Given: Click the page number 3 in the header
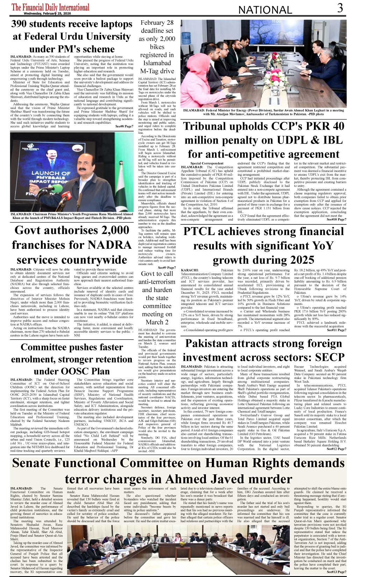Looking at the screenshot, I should tap(340, 8).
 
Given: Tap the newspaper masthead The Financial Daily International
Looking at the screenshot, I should tap(50, 7).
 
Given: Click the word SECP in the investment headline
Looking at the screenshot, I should tap(330, 357).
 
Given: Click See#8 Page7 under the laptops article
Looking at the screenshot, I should tap(124, 126).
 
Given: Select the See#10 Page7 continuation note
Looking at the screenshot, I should tap(336, 219).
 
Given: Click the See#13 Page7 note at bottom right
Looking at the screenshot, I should tap(336, 572).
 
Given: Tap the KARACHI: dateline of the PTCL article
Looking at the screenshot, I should tap(190, 270).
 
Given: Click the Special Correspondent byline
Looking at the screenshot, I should tap(207, 163).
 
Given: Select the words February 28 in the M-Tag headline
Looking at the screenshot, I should tap(157, 23).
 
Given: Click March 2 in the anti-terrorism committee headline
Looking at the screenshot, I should tap(157, 322).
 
